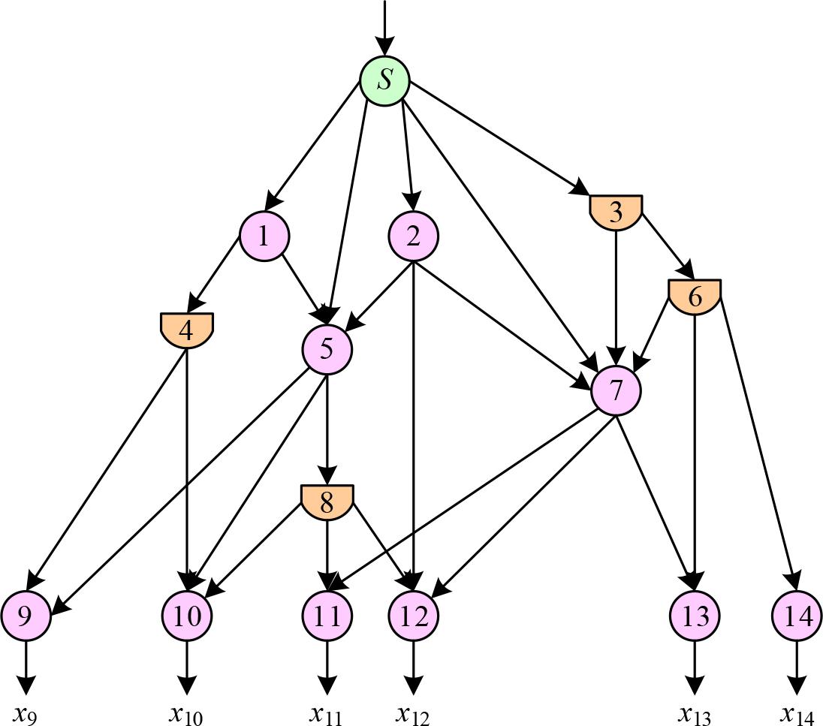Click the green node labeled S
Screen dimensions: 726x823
click(384, 80)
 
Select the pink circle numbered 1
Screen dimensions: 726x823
click(264, 236)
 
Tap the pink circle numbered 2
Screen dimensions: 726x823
click(413, 236)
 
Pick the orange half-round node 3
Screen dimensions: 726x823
click(616, 212)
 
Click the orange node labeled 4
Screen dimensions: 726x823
click(187, 330)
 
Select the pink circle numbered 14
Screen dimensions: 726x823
click(797, 616)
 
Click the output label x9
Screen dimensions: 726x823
click(26, 713)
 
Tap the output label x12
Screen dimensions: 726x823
click(413, 713)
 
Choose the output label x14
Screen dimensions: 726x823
click(797, 713)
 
